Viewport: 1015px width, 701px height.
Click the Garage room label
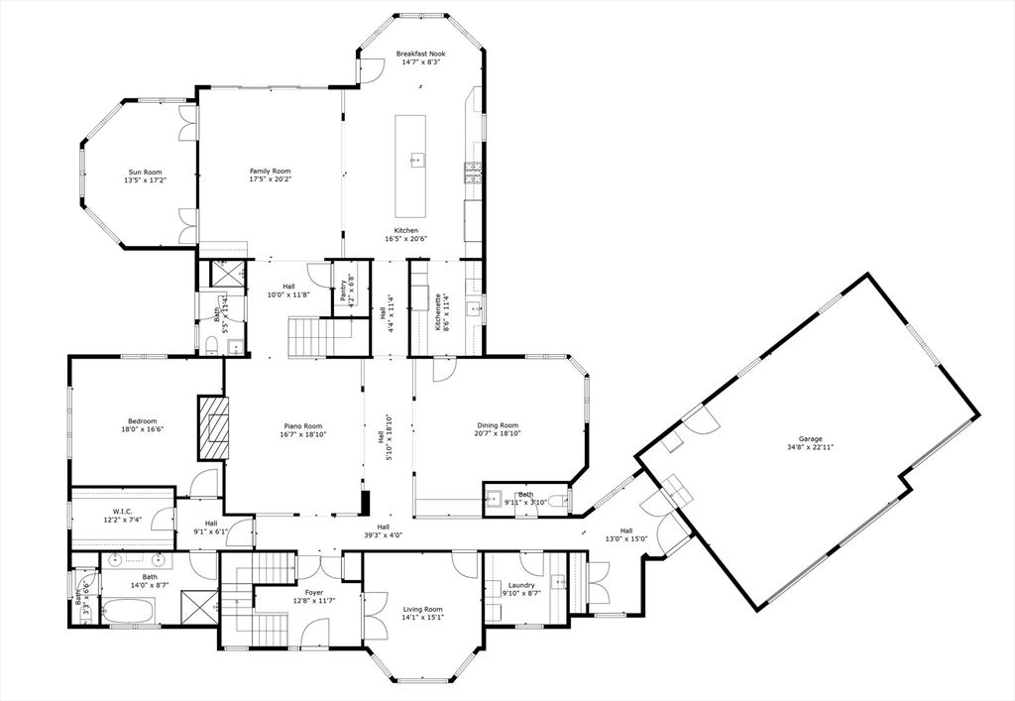[x=810, y=439]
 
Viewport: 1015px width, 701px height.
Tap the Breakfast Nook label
[x=420, y=54]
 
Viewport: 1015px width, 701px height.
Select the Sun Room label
[x=145, y=173]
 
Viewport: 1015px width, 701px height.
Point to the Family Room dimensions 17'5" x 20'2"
[x=270, y=178]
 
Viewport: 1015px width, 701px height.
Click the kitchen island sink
[x=414, y=158]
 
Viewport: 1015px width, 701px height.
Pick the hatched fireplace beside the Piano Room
[x=214, y=427]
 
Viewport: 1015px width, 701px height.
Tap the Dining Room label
[x=499, y=425]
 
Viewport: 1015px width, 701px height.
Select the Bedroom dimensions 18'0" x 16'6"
[x=143, y=429]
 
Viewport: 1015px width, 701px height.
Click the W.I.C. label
[x=122, y=512]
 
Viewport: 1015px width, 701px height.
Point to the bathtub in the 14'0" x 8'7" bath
[x=130, y=611]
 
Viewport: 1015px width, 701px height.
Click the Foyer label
[x=314, y=592]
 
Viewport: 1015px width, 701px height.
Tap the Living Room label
[x=422, y=609]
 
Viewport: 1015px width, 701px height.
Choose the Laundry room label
[x=521, y=585]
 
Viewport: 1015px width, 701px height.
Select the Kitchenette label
[x=438, y=312]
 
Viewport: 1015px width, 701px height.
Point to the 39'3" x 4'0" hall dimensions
[x=384, y=535]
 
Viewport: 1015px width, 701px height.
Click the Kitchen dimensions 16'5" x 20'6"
[x=406, y=238]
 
